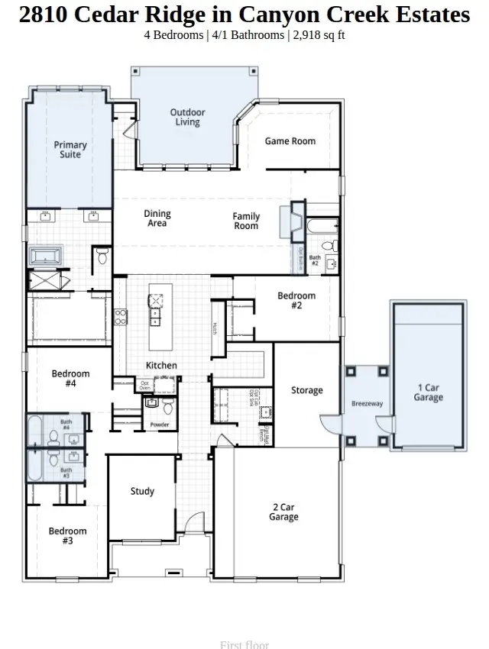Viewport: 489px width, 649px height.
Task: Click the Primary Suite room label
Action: [x=70, y=150]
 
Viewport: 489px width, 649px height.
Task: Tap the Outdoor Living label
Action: [x=187, y=118]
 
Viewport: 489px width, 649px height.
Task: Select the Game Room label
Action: [x=290, y=141]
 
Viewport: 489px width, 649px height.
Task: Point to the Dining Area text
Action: [x=157, y=218]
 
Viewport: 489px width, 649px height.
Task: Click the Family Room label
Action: [x=246, y=221]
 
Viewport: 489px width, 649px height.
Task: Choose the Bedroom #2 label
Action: [x=296, y=300]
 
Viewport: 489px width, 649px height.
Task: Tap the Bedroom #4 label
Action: [x=70, y=379]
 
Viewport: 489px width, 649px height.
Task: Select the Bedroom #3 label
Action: [x=67, y=536]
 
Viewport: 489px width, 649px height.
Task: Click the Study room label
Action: [x=142, y=492]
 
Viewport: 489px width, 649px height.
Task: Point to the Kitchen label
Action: [x=161, y=366]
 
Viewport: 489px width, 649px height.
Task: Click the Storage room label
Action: [x=306, y=391]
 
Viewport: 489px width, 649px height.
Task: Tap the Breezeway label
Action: [x=367, y=403]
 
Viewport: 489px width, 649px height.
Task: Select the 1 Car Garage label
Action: [x=428, y=392]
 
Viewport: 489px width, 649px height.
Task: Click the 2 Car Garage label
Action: [x=283, y=512]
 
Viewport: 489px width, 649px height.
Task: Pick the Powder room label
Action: [x=159, y=425]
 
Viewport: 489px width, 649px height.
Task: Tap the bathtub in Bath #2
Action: [x=321, y=226]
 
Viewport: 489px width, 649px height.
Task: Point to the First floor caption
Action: [x=244, y=644]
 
